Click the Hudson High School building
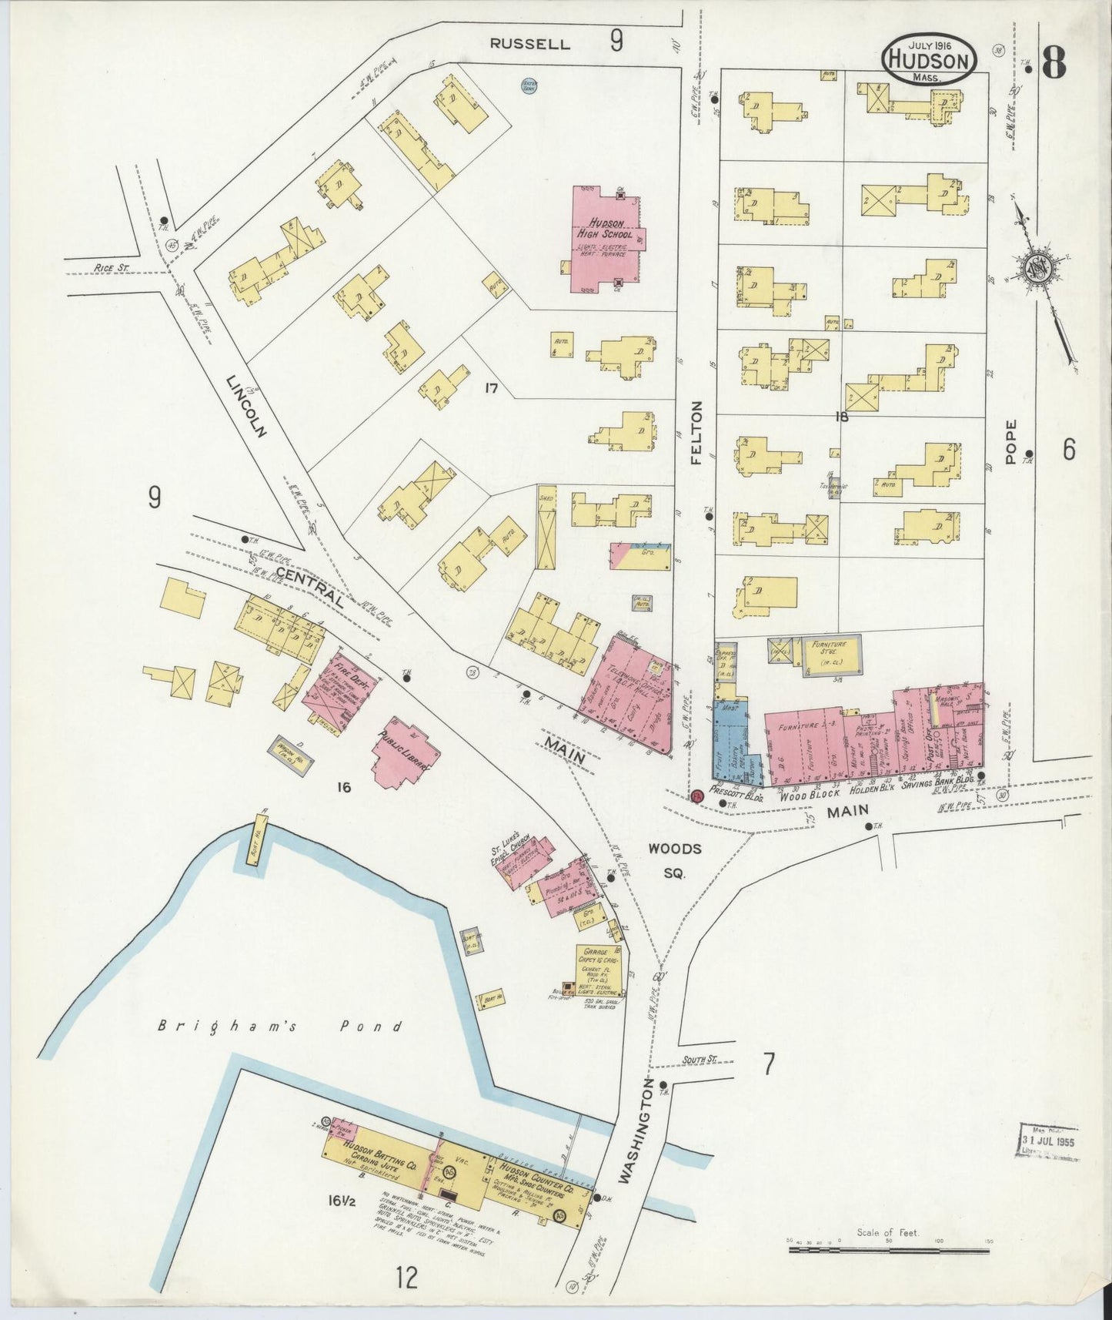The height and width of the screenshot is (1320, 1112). tap(605, 240)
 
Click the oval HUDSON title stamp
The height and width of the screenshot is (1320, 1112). tap(930, 59)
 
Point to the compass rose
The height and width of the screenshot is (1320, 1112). tap(1039, 268)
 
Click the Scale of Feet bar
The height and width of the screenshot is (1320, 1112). tap(889, 1251)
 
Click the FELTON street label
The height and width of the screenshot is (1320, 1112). tap(697, 432)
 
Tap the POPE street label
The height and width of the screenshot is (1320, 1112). tap(1011, 441)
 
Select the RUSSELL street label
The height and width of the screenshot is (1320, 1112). tap(530, 44)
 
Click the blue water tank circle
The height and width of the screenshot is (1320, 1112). tap(529, 85)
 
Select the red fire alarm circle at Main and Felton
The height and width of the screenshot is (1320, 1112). tap(697, 796)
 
